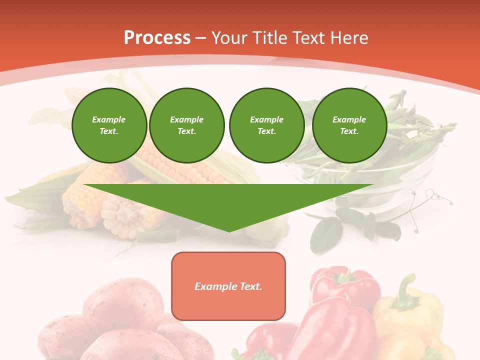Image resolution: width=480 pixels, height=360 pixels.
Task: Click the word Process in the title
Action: click(157, 38)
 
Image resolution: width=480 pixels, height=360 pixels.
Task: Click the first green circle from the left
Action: click(109, 125)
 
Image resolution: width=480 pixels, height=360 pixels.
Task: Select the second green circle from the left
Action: click(187, 125)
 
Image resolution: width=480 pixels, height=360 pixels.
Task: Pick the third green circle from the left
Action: click(266, 125)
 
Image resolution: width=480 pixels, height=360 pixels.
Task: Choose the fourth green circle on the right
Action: click(349, 125)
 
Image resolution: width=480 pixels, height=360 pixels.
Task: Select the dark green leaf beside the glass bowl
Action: click(326, 235)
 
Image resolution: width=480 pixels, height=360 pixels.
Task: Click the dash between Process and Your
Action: click(201, 38)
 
